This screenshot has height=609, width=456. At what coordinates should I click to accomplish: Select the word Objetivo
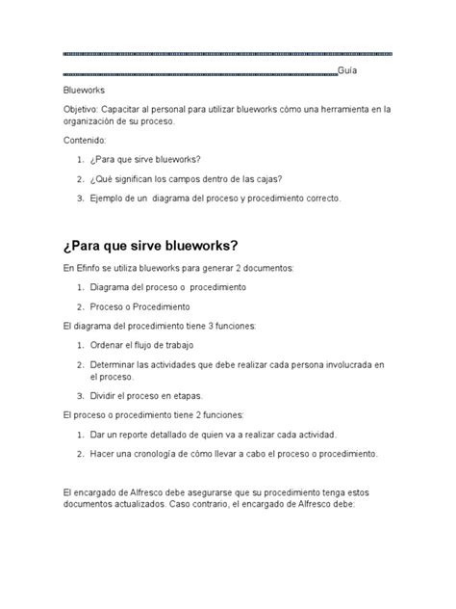point(82,109)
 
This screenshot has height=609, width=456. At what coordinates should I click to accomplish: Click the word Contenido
point(84,140)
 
